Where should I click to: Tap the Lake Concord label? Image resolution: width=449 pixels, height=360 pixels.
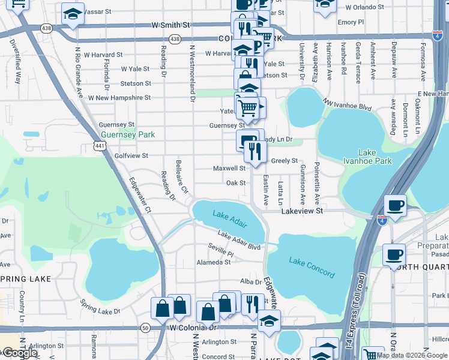[312, 267]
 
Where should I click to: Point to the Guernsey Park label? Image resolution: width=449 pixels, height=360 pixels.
[128, 134]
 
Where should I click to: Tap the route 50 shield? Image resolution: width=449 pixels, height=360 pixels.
[145, 328]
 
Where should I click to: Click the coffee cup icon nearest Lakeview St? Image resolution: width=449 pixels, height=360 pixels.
[395, 205]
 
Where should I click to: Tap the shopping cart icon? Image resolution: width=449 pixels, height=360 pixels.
[247, 108]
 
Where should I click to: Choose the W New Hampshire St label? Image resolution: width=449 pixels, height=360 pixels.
[119, 97]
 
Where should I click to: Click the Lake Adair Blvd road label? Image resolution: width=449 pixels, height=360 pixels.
[239, 241]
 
